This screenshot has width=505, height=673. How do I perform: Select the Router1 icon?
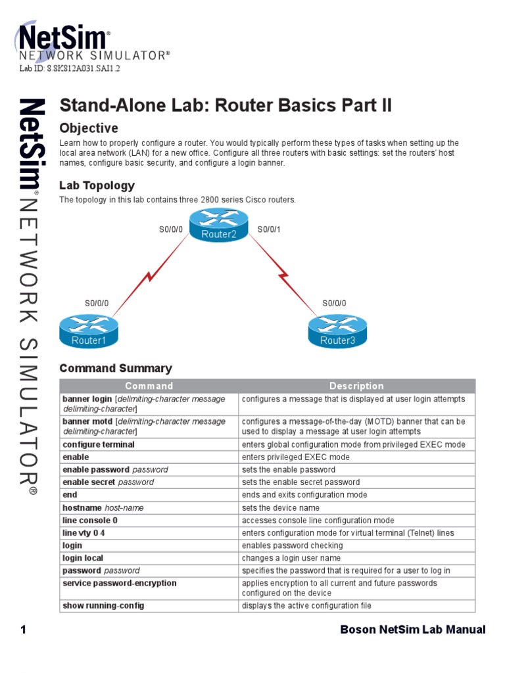[88, 331]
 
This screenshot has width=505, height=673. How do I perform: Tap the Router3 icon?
[337, 331]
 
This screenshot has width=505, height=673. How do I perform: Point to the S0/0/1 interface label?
[269, 229]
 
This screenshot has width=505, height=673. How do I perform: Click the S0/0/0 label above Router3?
[334, 303]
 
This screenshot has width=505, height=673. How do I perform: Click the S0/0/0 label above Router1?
[97, 303]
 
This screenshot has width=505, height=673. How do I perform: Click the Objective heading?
[89, 128]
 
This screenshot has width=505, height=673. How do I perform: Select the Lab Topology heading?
[97, 186]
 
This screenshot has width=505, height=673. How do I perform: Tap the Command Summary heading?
[116, 369]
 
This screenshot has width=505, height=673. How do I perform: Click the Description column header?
[356, 386]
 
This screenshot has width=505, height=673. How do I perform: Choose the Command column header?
[149, 386]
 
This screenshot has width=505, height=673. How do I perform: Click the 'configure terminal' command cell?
[99, 445]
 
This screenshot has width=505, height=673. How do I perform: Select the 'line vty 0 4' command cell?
[84, 533]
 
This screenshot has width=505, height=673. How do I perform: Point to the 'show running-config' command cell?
[103, 605]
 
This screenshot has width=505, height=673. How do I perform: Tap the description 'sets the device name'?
[281, 508]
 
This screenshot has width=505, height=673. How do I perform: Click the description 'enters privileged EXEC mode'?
[296, 457]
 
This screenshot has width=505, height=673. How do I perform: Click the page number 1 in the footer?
[24, 630]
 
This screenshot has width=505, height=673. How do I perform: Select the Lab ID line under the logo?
[69, 68]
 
